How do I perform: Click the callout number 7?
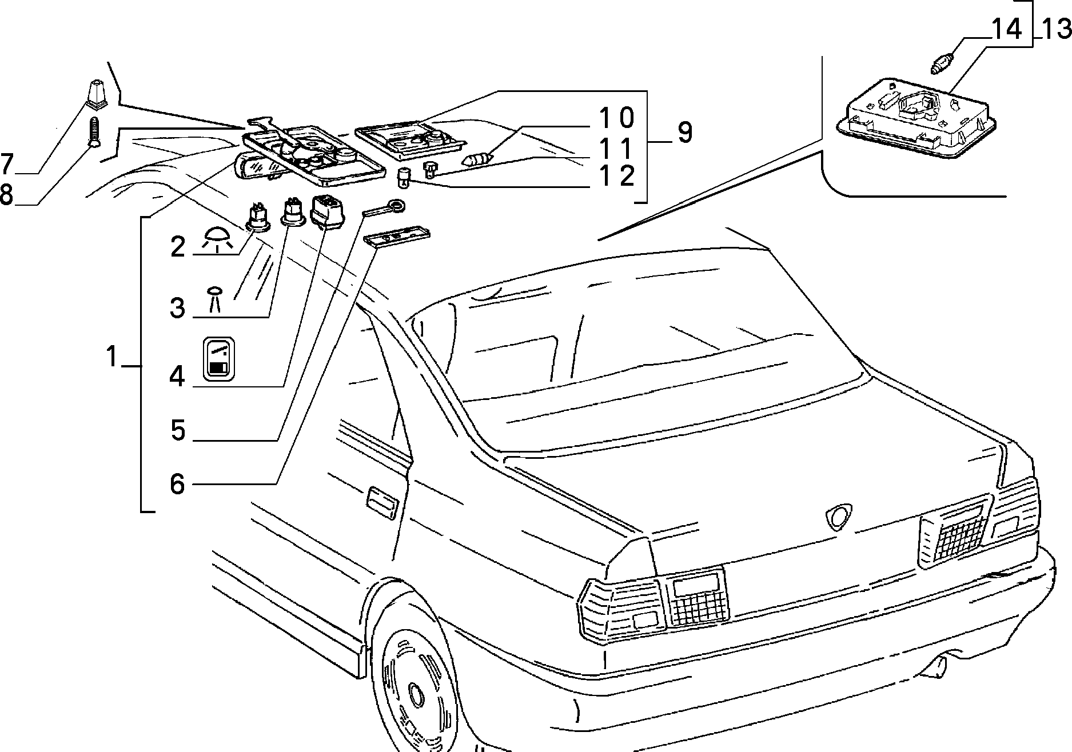pos(7,165)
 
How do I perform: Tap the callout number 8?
pos(6,195)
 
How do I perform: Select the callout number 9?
pos(685,133)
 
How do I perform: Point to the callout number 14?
pos(1006,29)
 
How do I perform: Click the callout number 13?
pos(1055,29)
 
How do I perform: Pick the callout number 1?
pos(111,357)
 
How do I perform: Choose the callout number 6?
pos(178,483)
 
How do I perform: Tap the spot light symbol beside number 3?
pos(215,299)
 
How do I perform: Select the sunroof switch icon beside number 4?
pos(219,358)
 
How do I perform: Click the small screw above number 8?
pos(94,132)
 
